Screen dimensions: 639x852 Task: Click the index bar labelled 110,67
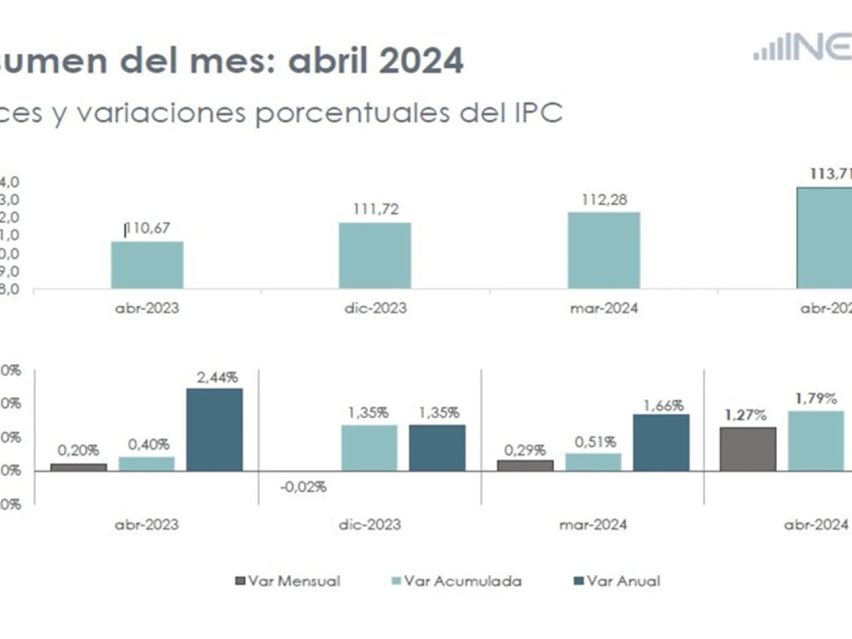click(147, 265)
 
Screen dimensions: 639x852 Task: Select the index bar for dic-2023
click(375, 256)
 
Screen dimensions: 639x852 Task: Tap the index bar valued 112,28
click(604, 250)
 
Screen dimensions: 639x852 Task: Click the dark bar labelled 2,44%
click(214, 429)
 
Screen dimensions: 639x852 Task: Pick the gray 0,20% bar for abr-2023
click(79, 467)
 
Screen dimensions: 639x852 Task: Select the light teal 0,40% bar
click(146, 464)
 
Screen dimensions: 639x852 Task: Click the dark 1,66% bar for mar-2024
click(661, 443)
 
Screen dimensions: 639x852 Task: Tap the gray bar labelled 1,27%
click(748, 449)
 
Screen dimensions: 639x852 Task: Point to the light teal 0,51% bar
click(593, 462)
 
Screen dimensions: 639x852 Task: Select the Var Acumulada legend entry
click(457, 581)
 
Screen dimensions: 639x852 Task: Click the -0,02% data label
click(304, 487)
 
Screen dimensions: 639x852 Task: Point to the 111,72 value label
click(375, 209)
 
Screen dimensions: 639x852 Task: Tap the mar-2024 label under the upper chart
click(604, 308)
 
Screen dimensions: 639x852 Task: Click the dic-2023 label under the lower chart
click(369, 525)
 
